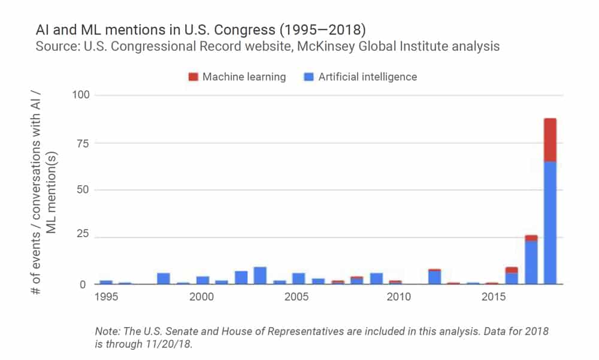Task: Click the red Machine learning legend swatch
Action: (x=193, y=77)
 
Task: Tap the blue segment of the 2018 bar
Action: (x=550, y=222)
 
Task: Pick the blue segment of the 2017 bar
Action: (x=531, y=262)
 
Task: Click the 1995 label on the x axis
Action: (x=106, y=297)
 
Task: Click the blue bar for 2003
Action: (x=260, y=276)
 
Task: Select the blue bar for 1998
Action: (x=164, y=279)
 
